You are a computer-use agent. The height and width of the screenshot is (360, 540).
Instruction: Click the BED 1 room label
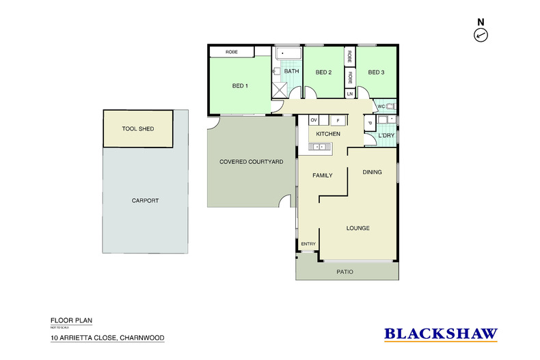coord(240,85)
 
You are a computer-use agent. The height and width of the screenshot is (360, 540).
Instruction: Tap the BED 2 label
coord(323,72)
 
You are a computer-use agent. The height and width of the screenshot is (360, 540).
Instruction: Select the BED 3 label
coord(376,72)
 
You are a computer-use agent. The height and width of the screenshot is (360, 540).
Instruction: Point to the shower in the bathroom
coord(280,87)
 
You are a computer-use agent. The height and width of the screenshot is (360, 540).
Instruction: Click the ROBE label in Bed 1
coord(232,52)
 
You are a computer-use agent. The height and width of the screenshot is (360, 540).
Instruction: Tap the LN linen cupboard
coord(349,93)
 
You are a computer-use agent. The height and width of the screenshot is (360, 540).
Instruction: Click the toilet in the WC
coord(390,107)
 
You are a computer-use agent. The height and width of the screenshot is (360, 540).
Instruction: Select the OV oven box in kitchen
coord(314,120)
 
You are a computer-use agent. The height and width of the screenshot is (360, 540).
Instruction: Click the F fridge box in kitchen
coord(338,120)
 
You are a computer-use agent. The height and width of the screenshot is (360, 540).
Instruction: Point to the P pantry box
coord(369,123)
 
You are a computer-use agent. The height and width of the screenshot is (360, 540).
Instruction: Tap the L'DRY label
coord(387,135)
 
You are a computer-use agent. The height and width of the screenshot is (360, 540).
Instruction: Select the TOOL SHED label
coord(137,128)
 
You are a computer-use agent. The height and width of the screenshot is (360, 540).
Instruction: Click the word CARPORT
coord(145,201)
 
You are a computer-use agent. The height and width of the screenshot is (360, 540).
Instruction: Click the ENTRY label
coord(308,244)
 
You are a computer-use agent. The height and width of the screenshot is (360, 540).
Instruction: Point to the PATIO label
coord(345,272)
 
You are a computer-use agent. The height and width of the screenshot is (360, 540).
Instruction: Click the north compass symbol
coord(481,34)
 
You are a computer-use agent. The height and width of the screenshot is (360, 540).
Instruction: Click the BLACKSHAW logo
coord(441,334)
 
